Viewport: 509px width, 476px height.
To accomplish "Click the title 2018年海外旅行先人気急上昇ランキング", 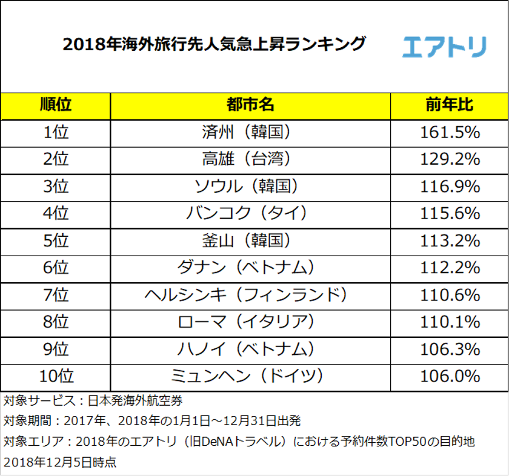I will (x=215, y=44).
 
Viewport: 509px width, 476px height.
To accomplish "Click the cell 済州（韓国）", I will (x=250, y=133).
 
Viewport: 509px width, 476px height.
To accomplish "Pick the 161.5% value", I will (x=450, y=133).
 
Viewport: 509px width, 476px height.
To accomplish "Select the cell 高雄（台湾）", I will (x=250, y=159).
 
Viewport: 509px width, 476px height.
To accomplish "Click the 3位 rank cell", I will (x=56, y=187).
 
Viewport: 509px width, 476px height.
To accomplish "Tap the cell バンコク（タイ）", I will (x=250, y=214).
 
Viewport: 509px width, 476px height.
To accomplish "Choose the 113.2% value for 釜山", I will (x=450, y=241).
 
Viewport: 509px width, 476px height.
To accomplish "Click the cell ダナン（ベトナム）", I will (x=250, y=268).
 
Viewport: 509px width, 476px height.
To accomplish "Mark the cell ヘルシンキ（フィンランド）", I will (x=250, y=295).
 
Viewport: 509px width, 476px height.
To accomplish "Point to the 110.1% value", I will (x=450, y=322).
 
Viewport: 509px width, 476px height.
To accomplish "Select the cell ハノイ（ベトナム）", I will (x=250, y=349).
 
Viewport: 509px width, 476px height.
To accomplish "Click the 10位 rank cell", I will (x=56, y=377).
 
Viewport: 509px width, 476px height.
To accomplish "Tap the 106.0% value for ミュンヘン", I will (x=450, y=377).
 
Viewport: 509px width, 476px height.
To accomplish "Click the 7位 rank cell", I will (x=56, y=295).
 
